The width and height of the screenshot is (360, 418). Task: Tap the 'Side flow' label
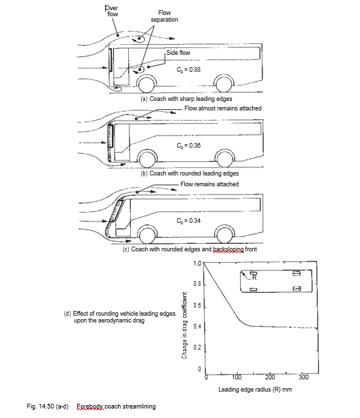point(178,53)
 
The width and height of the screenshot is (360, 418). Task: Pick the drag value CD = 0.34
point(186,221)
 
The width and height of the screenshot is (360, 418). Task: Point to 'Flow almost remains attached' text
point(222,108)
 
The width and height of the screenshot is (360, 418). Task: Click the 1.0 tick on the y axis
point(197,264)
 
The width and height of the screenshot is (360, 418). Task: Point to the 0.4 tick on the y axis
point(197,327)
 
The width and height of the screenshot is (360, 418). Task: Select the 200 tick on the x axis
point(270,377)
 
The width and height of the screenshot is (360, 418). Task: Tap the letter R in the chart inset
point(255,277)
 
